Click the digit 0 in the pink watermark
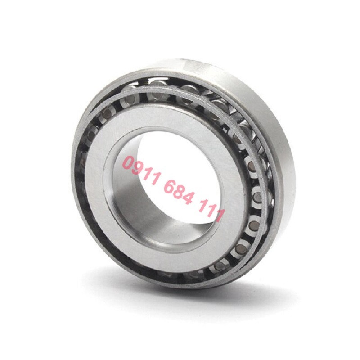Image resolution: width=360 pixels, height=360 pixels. tap(129, 163)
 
